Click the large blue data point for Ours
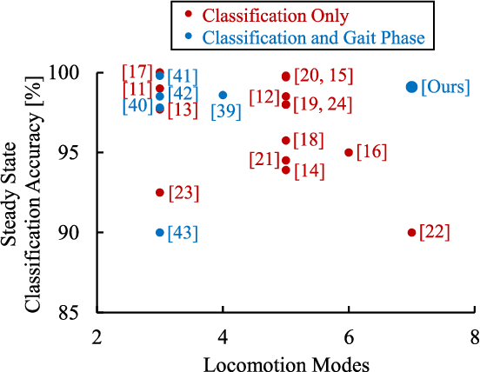pyautogui.click(x=411, y=87)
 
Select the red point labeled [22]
pyautogui.click(x=411, y=232)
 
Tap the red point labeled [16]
pyautogui.click(x=349, y=152)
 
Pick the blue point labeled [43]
pyautogui.click(x=160, y=232)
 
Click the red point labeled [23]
pyautogui.click(x=160, y=192)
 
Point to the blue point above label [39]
pyautogui.click(x=223, y=95)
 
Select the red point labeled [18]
pyautogui.click(x=286, y=140)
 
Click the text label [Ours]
pyautogui.click(x=445, y=87)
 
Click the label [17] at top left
pyautogui.click(x=137, y=71)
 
